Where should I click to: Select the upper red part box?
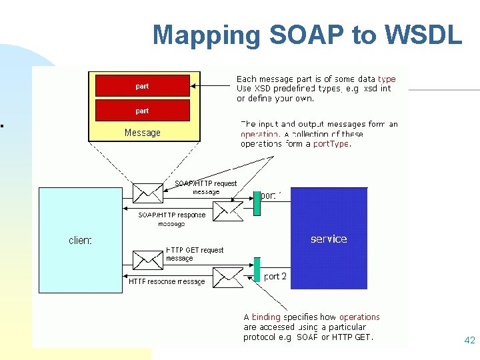(x=143, y=86)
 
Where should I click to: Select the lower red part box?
(x=143, y=111)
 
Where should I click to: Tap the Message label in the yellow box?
(x=143, y=133)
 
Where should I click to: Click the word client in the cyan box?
(x=80, y=240)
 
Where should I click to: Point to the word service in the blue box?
(x=329, y=239)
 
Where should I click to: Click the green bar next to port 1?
(x=256, y=204)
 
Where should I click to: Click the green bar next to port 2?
(x=257, y=269)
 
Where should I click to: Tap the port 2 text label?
(x=275, y=276)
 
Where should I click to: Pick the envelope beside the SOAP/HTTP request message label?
(x=147, y=193)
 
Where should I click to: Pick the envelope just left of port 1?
(x=229, y=211)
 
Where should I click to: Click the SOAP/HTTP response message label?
(x=172, y=219)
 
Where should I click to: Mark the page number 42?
(x=469, y=341)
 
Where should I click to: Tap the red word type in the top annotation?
(x=386, y=79)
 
